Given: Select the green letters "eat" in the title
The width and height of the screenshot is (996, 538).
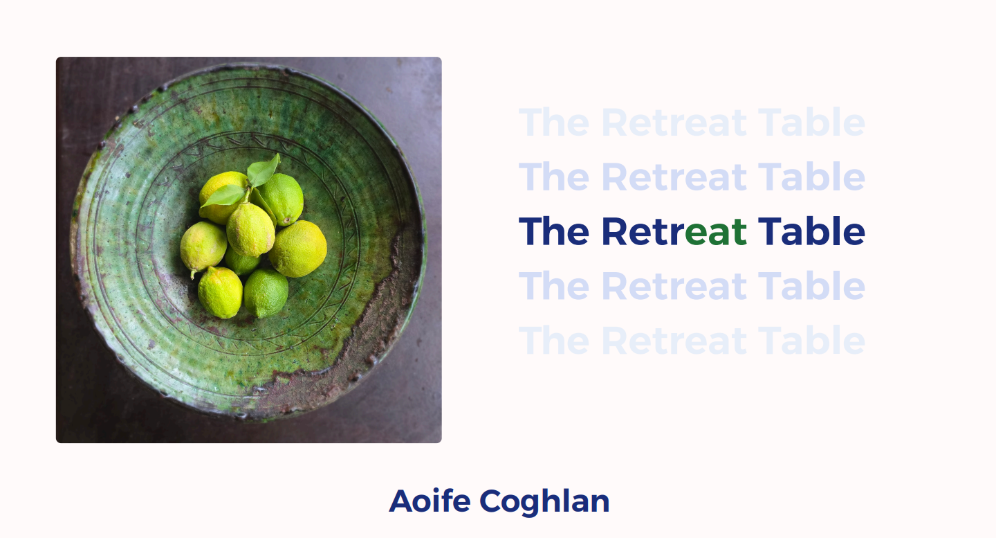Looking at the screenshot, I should click(716, 232).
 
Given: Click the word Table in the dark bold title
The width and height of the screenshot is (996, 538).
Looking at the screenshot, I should click(811, 231).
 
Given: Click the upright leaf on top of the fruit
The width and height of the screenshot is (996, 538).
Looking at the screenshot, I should click(264, 170).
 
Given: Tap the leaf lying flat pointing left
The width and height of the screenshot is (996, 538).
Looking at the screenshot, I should click(223, 196).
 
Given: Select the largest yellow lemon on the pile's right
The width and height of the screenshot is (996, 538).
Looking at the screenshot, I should click(298, 249).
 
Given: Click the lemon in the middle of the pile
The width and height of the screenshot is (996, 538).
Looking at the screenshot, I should click(250, 230).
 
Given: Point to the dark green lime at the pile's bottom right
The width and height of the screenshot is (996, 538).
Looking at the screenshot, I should click(266, 292).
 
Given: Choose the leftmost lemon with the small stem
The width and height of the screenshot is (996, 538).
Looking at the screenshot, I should click(203, 247).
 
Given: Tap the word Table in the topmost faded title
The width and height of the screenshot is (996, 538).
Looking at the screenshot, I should click(811, 123).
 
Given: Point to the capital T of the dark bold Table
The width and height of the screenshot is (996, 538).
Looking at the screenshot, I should click(768, 231).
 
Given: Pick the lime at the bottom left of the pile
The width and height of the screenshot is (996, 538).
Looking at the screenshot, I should click(220, 292).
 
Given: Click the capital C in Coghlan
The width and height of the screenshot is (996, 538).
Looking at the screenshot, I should click(492, 501).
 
